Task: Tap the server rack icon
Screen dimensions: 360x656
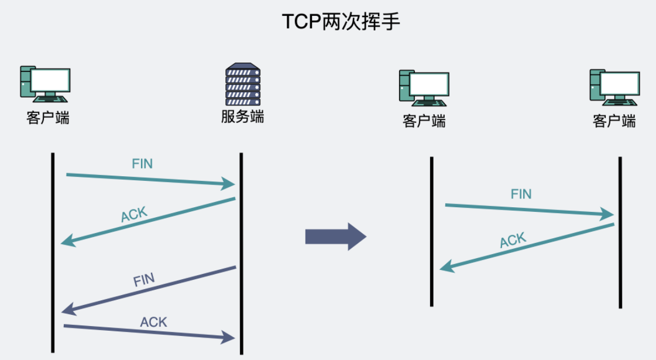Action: coord(242,84)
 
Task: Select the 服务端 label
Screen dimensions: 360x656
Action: coord(242,116)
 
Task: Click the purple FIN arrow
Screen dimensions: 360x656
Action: coord(149,289)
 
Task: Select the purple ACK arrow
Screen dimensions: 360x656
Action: coord(149,331)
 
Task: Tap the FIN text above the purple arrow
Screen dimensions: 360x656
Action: coord(144,279)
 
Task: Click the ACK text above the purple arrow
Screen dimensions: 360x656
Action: coord(153,321)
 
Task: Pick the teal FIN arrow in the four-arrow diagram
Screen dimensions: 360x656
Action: coord(150,179)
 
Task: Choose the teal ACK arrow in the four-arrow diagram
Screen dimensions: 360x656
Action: coord(149,221)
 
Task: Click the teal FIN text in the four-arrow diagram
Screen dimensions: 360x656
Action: coord(142,163)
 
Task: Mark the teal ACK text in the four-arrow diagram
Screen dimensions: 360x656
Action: coord(134,215)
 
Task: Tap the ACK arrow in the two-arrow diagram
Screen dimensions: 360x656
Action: coord(527,247)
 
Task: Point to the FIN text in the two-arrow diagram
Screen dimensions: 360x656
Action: coord(521,194)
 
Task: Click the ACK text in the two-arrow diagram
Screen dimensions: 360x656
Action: coord(513,240)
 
